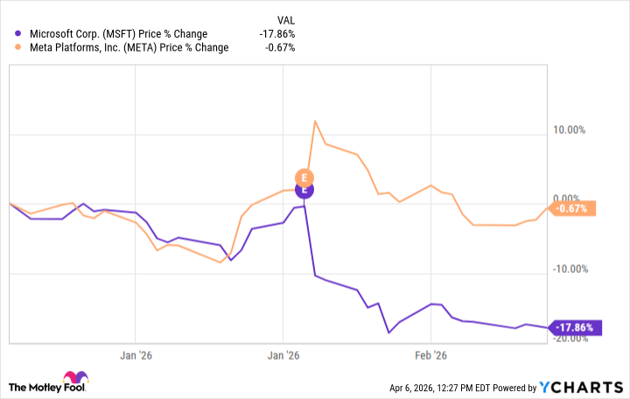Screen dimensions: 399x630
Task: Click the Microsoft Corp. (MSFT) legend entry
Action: pos(117,34)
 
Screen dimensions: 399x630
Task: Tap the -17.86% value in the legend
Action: pos(277,34)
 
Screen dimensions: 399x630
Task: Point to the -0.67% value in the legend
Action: pos(281,47)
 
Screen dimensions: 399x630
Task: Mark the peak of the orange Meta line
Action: pos(314,121)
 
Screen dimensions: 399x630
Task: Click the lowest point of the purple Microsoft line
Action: pos(388,332)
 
